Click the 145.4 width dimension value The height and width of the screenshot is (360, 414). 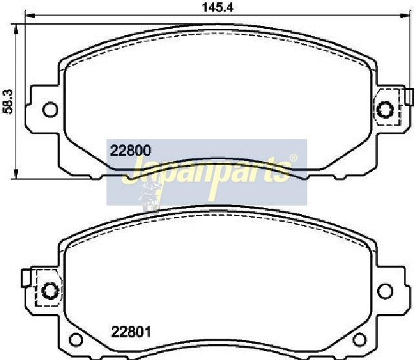[218, 7]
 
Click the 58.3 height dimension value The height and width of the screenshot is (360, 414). [8, 101]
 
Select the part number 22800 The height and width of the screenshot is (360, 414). [131, 151]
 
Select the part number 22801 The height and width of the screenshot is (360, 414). [131, 332]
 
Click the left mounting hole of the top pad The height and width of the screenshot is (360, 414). [50, 110]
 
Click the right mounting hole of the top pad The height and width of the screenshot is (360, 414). [386, 110]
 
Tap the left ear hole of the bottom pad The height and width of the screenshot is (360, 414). [50, 290]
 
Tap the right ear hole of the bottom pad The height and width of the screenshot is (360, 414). [386, 291]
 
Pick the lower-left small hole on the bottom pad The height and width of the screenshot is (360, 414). [76, 339]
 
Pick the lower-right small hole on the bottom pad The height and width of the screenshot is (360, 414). [360, 339]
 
